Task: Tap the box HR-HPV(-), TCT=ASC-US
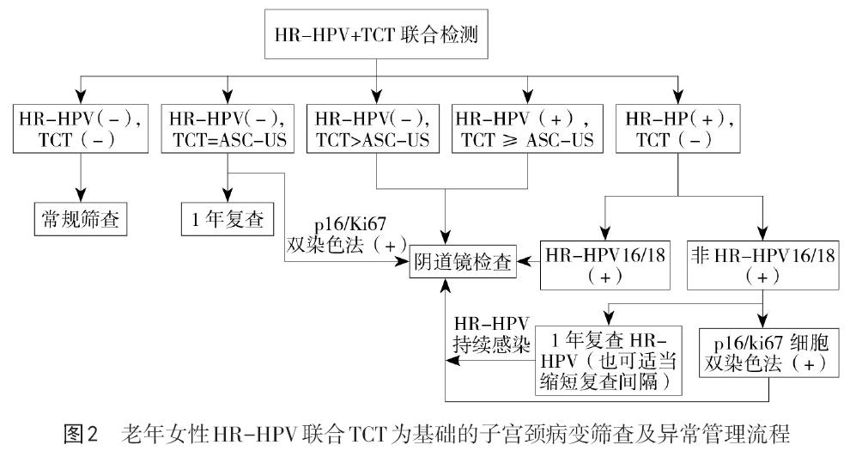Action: pyautogui.click(x=228, y=128)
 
